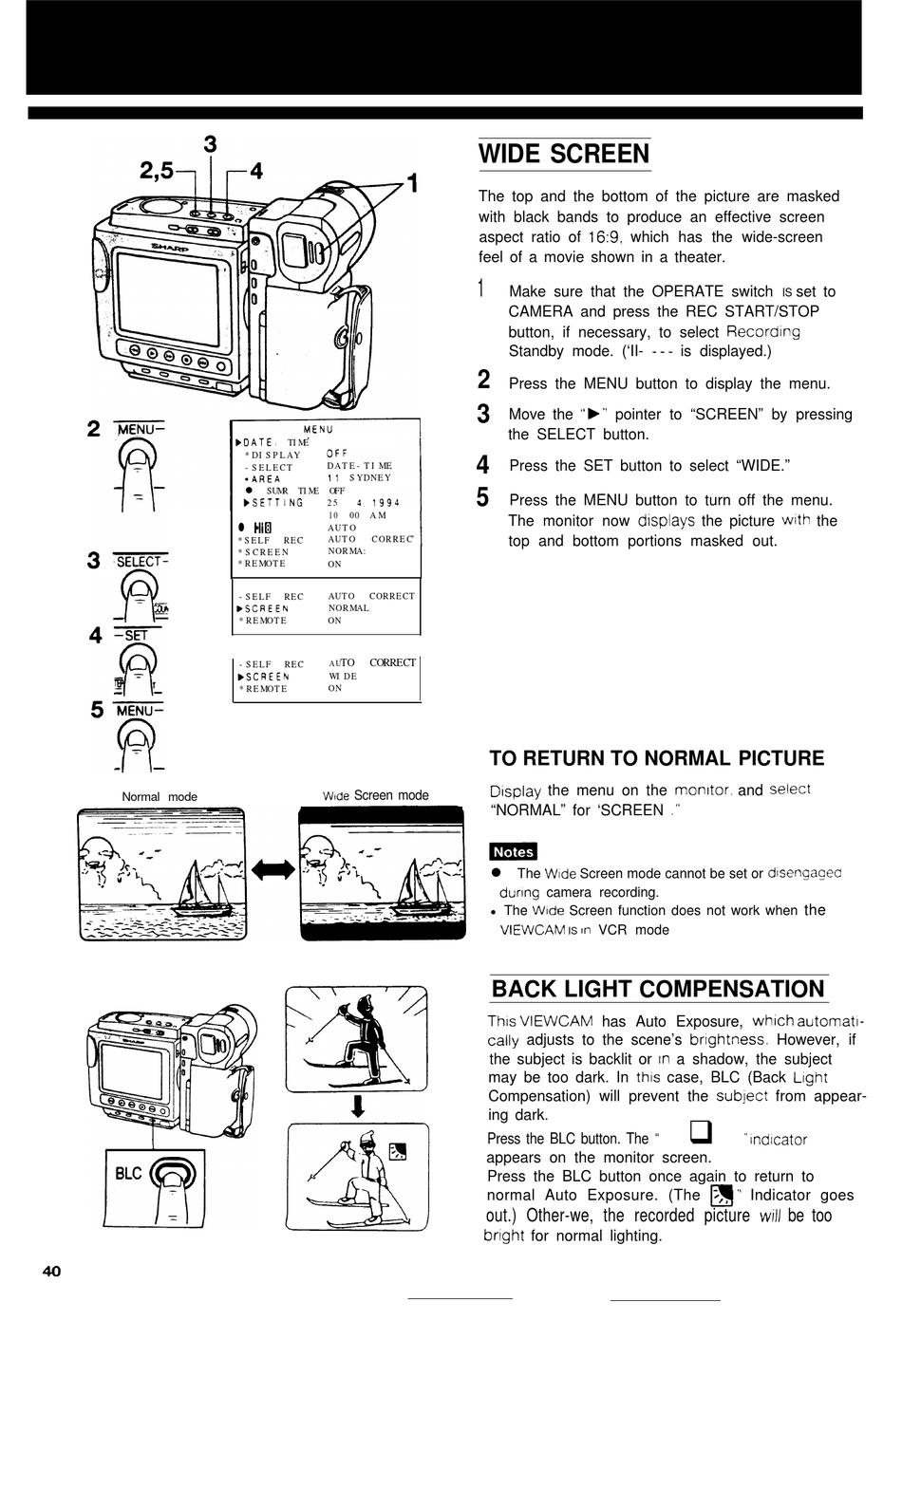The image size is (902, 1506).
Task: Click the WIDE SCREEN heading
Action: click(x=564, y=154)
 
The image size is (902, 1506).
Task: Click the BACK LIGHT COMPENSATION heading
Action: click(x=658, y=989)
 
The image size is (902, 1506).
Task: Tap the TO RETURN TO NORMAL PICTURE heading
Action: click(x=656, y=758)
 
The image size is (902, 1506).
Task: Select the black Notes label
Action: click(x=513, y=851)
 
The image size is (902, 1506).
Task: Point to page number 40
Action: click(x=51, y=1271)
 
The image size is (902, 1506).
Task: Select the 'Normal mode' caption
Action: click(x=160, y=797)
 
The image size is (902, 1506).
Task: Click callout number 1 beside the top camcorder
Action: click(x=411, y=182)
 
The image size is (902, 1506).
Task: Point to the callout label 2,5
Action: click(x=157, y=170)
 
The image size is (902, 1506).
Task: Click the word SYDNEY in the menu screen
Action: click(x=369, y=477)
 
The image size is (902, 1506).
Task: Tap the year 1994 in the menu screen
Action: click(x=385, y=503)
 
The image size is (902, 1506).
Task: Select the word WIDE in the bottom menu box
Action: click(x=343, y=677)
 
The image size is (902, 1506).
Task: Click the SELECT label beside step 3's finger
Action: click(x=141, y=561)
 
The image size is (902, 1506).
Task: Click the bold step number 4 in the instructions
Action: click(x=483, y=465)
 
